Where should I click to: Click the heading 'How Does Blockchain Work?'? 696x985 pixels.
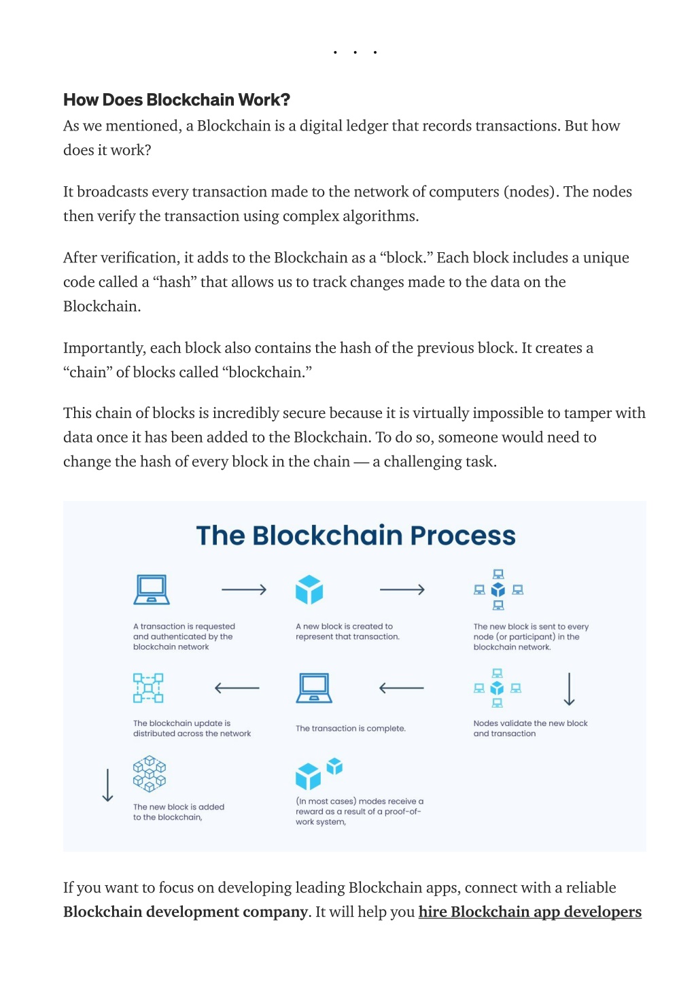pos(177,100)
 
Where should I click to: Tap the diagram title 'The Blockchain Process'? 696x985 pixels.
pos(355,535)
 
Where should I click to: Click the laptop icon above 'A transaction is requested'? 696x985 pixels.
pos(152,589)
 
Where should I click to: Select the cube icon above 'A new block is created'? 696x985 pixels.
pos(309,589)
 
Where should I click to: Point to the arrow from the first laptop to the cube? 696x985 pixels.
pos(244,589)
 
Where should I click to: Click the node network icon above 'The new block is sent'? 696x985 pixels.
pos(498,589)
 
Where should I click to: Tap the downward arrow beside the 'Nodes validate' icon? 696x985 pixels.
pos(570,689)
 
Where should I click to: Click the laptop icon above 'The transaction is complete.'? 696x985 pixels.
pos(314,688)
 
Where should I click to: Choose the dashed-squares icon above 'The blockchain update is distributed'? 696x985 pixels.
pos(148,688)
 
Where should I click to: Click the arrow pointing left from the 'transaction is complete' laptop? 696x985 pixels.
pos(237,688)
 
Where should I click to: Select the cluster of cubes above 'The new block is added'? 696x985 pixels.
pos(150,774)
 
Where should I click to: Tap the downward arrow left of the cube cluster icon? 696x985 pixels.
pos(107,785)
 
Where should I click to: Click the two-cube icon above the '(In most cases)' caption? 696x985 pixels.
pos(319,773)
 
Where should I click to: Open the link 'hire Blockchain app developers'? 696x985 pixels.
pos(529,912)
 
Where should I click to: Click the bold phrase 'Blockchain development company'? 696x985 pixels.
pos(185,912)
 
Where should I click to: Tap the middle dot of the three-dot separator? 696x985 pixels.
pos(355,52)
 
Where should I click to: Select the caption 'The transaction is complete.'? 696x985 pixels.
pos(351,728)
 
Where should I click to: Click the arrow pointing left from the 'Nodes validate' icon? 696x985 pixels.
pos(402,688)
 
